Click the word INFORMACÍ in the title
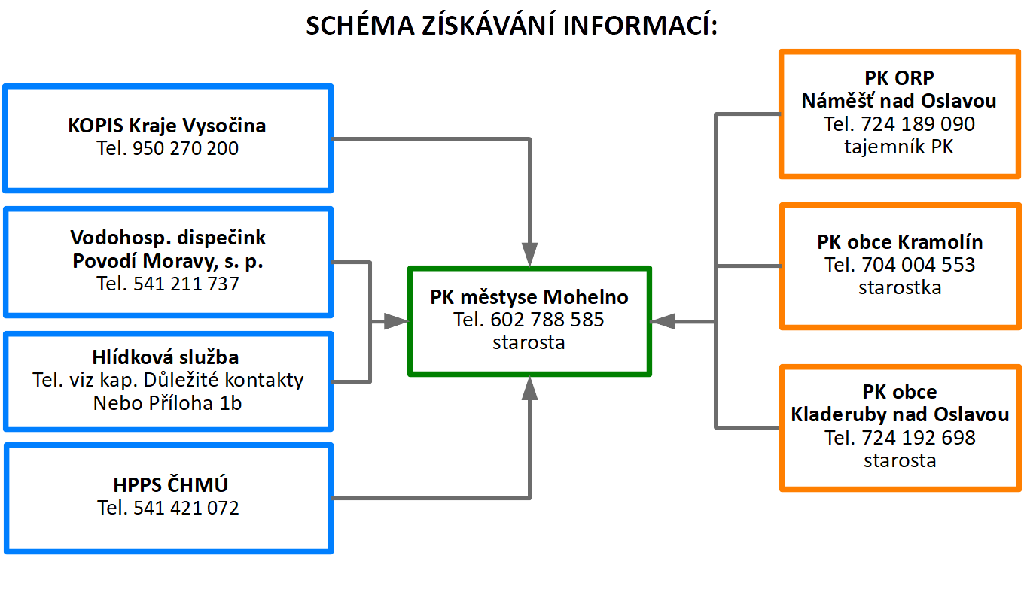click(x=640, y=24)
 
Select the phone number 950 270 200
click(x=185, y=148)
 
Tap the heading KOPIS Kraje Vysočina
click(x=167, y=126)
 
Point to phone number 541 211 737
click(x=186, y=284)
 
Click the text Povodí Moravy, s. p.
click(x=168, y=261)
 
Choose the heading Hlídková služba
click(x=166, y=357)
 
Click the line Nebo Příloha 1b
click(x=167, y=403)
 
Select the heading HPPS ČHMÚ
click(x=170, y=484)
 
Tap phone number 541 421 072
click(x=186, y=508)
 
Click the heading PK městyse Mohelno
click(x=529, y=297)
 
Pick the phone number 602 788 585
click(x=547, y=320)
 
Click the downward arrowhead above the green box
click(x=529, y=254)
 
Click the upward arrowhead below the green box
click(x=529, y=388)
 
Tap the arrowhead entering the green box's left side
click(x=396, y=322)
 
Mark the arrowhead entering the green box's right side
click(x=663, y=322)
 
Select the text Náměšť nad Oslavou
click(x=899, y=101)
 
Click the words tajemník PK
click(x=899, y=147)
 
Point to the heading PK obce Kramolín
click(x=900, y=242)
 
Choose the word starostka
click(x=900, y=288)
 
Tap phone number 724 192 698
click(x=919, y=438)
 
